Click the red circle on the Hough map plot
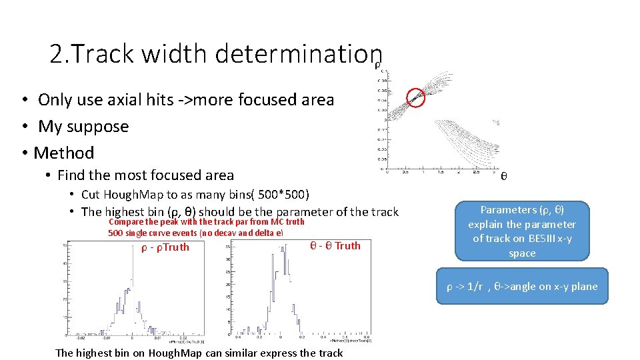click(x=416, y=98)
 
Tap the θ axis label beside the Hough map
click(x=504, y=177)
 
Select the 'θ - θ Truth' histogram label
click(x=335, y=245)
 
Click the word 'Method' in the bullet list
click(x=64, y=153)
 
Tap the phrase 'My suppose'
click(x=83, y=126)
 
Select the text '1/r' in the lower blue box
click(x=474, y=287)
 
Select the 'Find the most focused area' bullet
click(x=145, y=175)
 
